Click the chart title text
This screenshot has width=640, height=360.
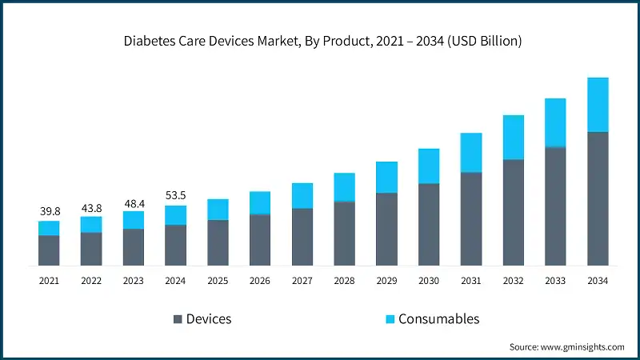(x=320, y=41)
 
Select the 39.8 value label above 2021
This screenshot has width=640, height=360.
(x=50, y=211)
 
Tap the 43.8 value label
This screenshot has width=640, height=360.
(x=91, y=207)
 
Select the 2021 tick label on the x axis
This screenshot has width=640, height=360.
(x=50, y=281)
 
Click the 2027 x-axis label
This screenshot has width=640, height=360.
(x=302, y=281)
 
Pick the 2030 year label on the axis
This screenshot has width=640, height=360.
(x=429, y=281)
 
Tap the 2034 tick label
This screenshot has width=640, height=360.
(x=598, y=281)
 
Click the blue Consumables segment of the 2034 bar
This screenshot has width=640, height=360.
(x=598, y=104)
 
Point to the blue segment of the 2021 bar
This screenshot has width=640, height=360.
(x=50, y=228)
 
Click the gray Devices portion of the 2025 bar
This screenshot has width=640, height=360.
(x=218, y=242)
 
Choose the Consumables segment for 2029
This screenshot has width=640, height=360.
(x=386, y=177)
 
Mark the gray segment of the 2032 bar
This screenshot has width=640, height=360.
(x=513, y=212)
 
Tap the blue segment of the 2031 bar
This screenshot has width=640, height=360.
(x=471, y=152)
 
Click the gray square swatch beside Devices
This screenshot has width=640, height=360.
(x=177, y=319)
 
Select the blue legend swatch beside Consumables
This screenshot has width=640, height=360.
(x=390, y=319)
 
